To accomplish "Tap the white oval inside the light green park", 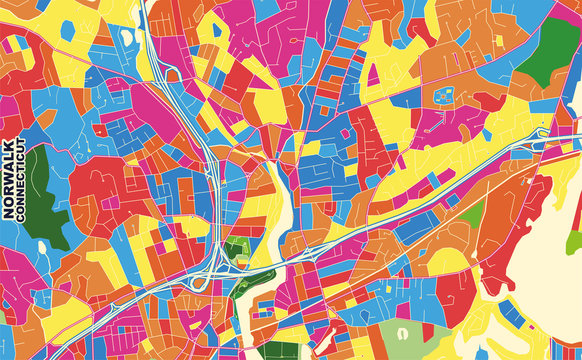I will (x=402, y=332).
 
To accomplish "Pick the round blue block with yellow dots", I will (x=443, y=97).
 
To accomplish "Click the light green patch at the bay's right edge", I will (x=574, y=241).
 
